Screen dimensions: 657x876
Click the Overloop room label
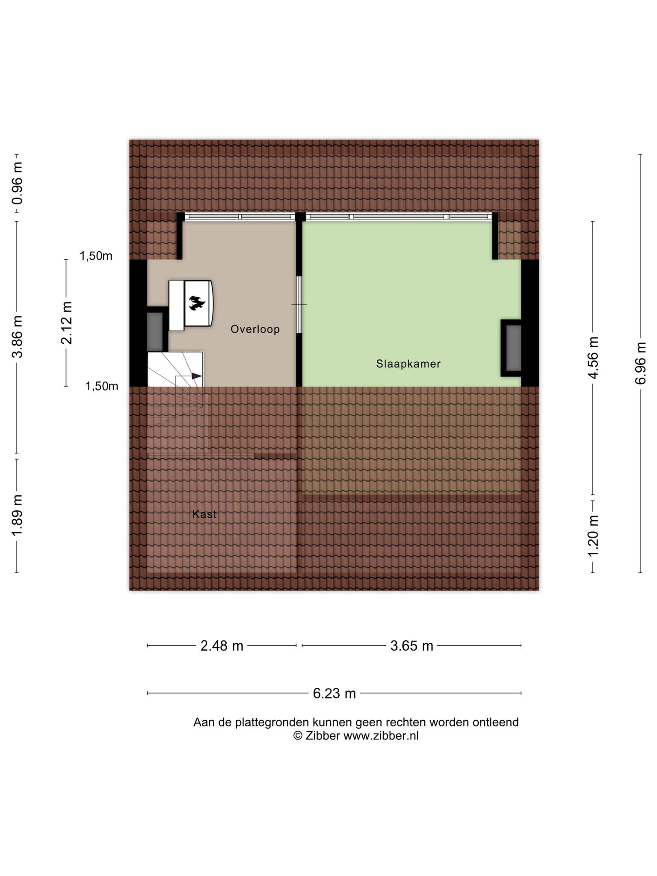255,329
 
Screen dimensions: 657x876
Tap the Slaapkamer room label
408,364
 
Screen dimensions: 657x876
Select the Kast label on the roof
204,514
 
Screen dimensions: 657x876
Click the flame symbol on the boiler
197,303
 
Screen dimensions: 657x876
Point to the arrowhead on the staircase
196,376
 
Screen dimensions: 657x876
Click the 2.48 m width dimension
222,645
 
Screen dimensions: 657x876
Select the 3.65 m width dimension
412,645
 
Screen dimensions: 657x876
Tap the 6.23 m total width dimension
334,693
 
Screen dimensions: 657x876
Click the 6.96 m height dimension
640,363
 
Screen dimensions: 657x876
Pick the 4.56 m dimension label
593,358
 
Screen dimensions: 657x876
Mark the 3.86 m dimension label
17,337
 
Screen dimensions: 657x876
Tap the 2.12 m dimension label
66,323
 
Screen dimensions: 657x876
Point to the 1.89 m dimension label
17,515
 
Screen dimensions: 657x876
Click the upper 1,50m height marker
96,256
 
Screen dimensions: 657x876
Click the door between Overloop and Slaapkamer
299,305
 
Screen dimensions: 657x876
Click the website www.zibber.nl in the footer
381,736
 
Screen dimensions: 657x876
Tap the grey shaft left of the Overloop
155,331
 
